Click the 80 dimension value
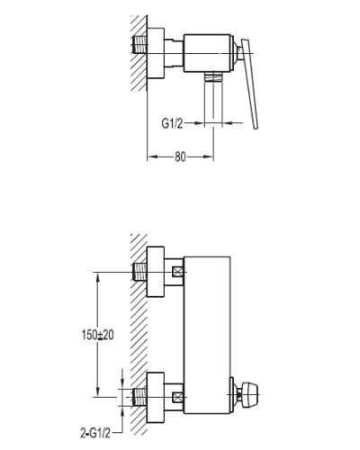(x=180, y=157)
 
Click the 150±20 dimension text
(x=98, y=335)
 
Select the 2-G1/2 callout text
(x=95, y=433)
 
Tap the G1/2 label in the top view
(x=172, y=123)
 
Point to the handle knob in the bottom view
(x=249, y=395)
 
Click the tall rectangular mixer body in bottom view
(x=207, y=335)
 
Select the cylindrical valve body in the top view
(x=208, y=53)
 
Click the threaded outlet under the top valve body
(x=213, y=76)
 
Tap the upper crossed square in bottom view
(x=177, y=273)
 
